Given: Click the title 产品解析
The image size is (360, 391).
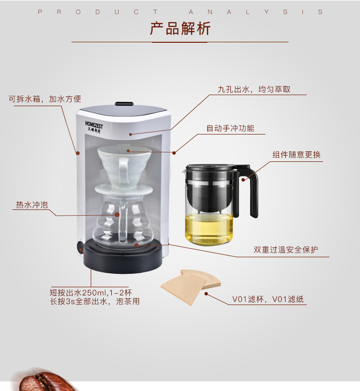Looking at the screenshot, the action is point(180,28).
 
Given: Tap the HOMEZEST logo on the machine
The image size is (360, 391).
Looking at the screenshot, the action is point(94,127).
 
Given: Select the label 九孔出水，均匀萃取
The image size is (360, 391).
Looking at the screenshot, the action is point(254,89).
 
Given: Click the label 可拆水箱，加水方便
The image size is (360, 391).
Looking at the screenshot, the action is point(45,99).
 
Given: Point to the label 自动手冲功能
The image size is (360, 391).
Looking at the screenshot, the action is point(230,128).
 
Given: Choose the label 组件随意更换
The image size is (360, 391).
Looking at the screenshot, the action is point(297,155).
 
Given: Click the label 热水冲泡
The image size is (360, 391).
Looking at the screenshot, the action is point(32,205).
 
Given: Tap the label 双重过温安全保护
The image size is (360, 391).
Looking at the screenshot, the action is point(286,250).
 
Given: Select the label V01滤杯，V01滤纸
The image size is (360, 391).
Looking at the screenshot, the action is point(268,299).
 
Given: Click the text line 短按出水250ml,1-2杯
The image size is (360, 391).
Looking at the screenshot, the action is point(91,293).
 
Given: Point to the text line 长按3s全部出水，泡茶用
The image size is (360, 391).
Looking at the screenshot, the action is point(95,301).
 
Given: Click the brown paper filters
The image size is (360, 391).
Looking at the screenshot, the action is point(191,287).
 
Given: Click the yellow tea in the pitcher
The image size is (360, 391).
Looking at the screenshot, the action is point(209,228).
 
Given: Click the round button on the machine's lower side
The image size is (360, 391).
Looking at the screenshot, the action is point(80,247).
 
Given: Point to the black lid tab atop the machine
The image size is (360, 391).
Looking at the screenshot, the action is point(124,104).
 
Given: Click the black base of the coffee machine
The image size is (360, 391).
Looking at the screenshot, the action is point(122,257).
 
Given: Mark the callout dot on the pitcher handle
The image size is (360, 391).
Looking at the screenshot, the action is point(243,180).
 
